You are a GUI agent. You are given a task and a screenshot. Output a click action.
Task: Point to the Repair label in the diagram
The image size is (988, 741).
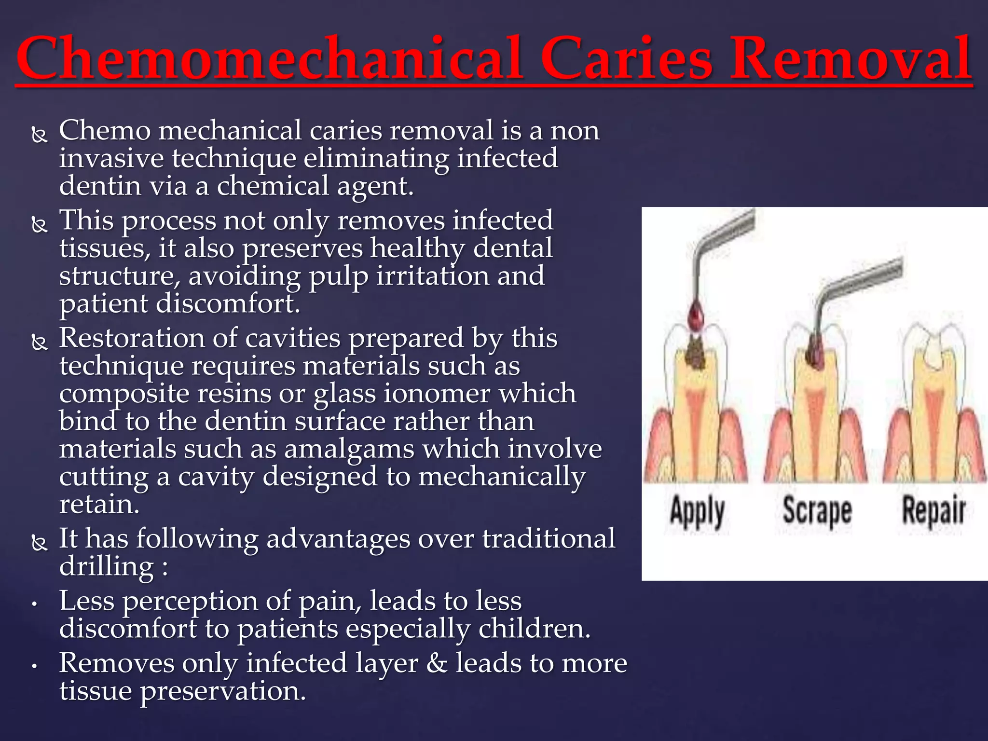[x=934, y=510]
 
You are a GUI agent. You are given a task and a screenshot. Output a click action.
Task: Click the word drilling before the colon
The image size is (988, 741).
[x=106, y=566]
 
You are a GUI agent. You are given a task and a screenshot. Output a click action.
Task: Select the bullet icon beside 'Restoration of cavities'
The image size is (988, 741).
[x=39, y=342]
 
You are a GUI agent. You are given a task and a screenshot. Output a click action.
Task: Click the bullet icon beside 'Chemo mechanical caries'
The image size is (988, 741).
[x=39, y=134]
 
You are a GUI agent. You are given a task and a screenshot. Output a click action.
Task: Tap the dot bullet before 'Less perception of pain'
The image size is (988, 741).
[x=34, y=604]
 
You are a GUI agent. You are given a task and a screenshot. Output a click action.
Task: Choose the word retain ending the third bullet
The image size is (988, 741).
[x=99, y=505]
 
